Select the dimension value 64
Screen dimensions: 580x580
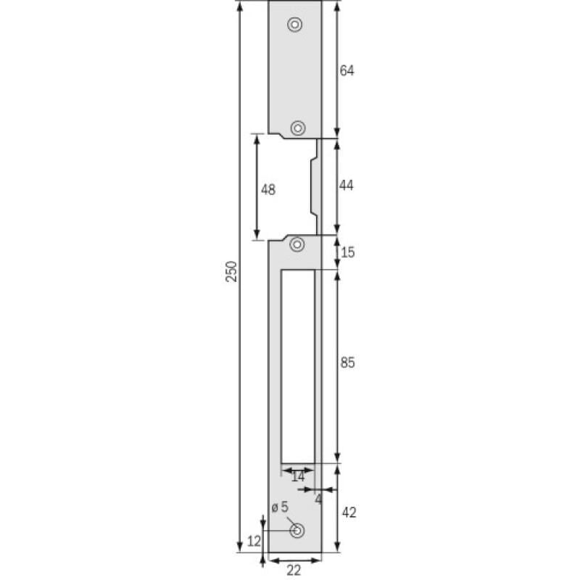(347, 70)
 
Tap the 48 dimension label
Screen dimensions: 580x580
(268, 189)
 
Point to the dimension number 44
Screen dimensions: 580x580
(347, 186)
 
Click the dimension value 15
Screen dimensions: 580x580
(347, 252)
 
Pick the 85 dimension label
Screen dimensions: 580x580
(347, 364)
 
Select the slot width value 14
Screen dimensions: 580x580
(297, 477)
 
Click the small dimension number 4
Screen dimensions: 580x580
(318, 500)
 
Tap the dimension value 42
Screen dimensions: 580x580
(348, 513)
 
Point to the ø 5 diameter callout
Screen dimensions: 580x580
(280, 507)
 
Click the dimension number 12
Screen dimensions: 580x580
(253, 541)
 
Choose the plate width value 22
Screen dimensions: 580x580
(294, 571)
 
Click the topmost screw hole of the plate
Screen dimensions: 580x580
(294, 24)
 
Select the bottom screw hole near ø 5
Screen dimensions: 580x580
(297, 531)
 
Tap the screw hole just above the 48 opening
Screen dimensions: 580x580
(297, 128)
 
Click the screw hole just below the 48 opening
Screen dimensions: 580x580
(297, 244)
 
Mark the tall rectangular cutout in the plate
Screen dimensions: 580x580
(297, 366)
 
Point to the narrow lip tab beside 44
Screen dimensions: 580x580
(314, 186)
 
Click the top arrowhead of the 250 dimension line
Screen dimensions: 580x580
(240, 6)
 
